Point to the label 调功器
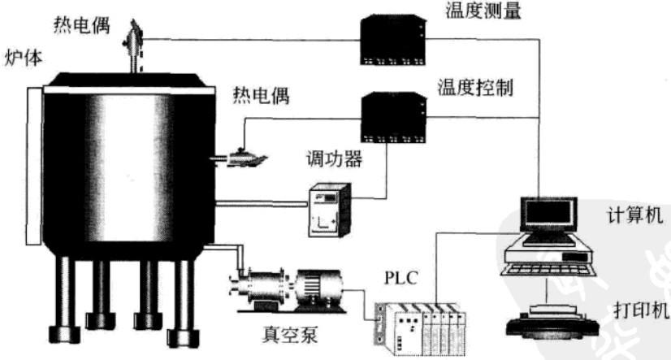pyautogui.click(x=334, y=158)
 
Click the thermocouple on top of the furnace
pyautogui.click(x=134, y=45)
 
